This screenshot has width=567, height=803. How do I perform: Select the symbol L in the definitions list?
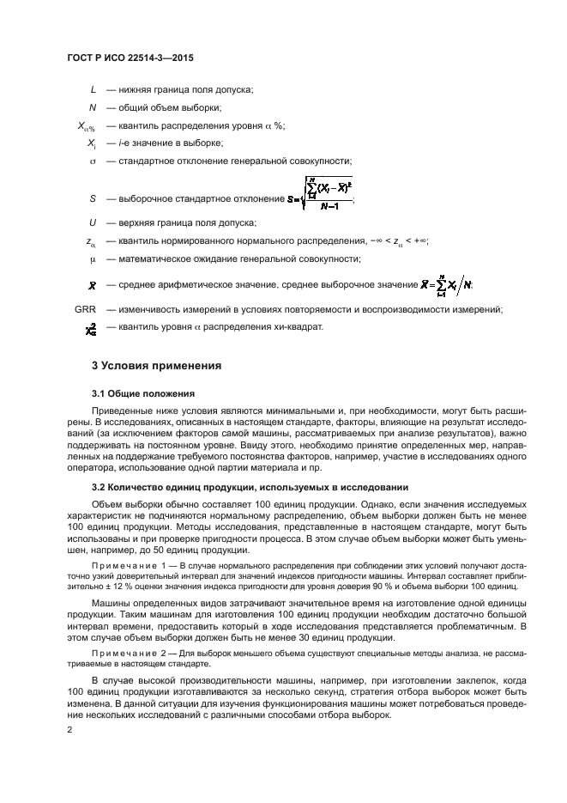tap(93, 89)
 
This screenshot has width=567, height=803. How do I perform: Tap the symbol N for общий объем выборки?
tap(93, 107)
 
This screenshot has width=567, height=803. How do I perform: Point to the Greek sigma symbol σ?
tap(93, 161)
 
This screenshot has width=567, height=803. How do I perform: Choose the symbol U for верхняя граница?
tap(93, 222)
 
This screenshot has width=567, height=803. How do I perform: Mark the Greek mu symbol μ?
tap(93, 259)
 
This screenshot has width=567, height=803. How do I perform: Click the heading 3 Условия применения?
tap(157, 366)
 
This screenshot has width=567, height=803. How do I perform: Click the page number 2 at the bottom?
tap(69, 730)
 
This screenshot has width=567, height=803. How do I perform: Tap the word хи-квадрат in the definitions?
tap(299, 326)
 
